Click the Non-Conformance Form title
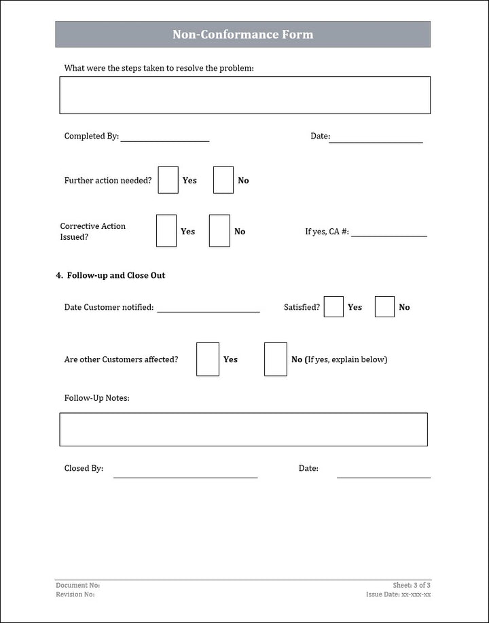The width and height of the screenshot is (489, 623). tap(242, 34)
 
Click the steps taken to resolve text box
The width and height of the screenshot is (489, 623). tap(244, 95)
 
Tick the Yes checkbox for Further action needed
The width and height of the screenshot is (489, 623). tap(168, 180)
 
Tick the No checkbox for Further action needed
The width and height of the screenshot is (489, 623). tap(223, 180)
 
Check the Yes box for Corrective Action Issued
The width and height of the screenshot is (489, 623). tap(166, 231)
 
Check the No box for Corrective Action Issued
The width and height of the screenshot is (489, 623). tap(219, 231)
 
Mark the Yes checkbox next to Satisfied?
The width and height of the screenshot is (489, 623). tap(333, 307)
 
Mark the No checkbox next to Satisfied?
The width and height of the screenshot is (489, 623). tap(384, 307)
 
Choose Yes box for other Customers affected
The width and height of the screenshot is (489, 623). tap(207, 359)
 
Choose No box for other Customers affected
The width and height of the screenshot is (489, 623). tap(275, 359)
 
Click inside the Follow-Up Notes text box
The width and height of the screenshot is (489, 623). tap(243, 429)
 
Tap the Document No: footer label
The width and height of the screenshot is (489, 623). tap(77, 585)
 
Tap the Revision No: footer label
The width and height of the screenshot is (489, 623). tap(75, 594)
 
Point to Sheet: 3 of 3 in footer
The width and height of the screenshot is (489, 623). tap(412, 585)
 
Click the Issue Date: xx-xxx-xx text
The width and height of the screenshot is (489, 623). tap(398, 594)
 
